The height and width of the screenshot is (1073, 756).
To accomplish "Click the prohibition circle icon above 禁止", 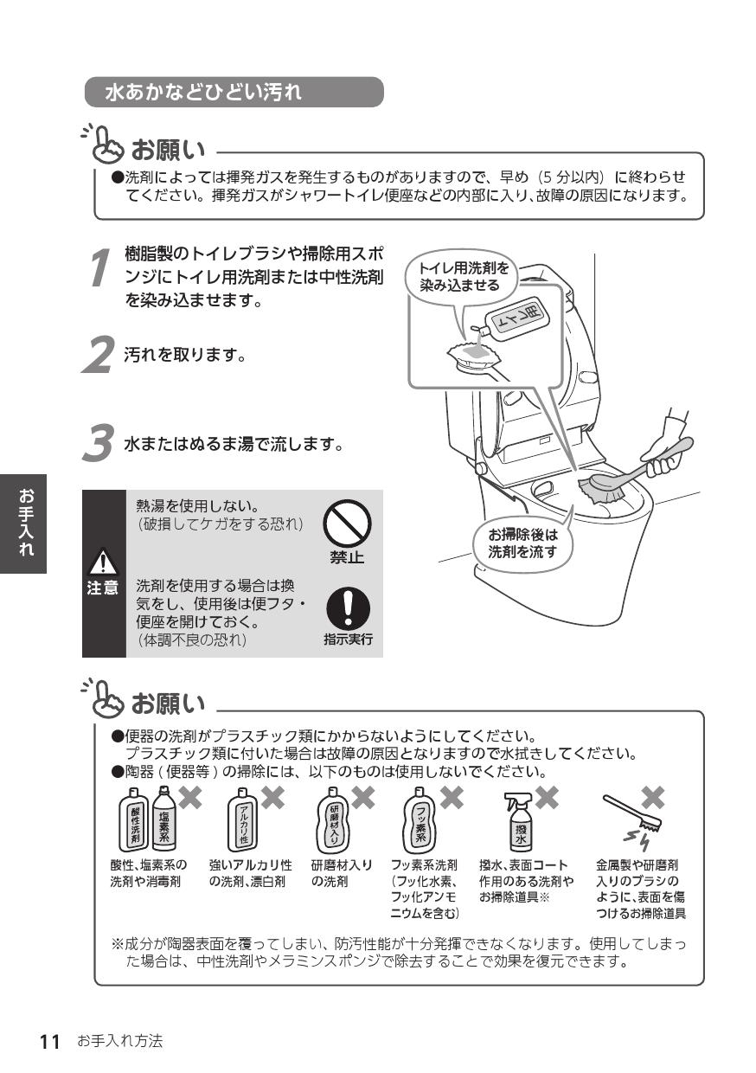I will [347, 524].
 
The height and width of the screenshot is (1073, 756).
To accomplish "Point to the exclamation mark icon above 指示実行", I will [347, 609].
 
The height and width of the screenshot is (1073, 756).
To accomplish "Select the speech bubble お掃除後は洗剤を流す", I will [523, 543].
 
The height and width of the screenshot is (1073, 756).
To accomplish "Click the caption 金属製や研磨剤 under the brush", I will [637, 864].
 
